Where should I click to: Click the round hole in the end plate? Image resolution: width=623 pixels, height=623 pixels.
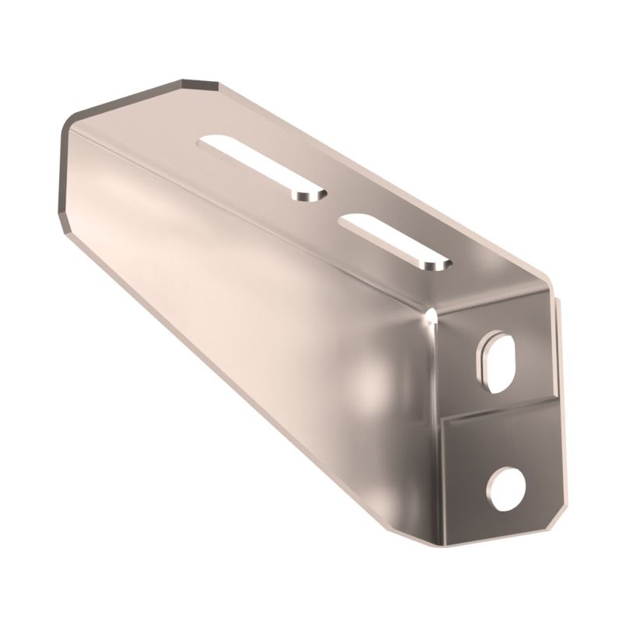pos(507,488)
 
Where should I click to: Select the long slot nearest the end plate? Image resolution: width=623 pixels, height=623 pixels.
pos(396,242)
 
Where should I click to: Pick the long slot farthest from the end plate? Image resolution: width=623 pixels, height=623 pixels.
pos(263,167)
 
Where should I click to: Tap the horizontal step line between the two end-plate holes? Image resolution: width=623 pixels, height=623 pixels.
pos(498,409)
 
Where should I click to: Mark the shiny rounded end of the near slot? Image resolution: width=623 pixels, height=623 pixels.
pos(433,265)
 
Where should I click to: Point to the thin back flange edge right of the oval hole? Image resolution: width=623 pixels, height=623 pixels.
pos(556,343)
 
